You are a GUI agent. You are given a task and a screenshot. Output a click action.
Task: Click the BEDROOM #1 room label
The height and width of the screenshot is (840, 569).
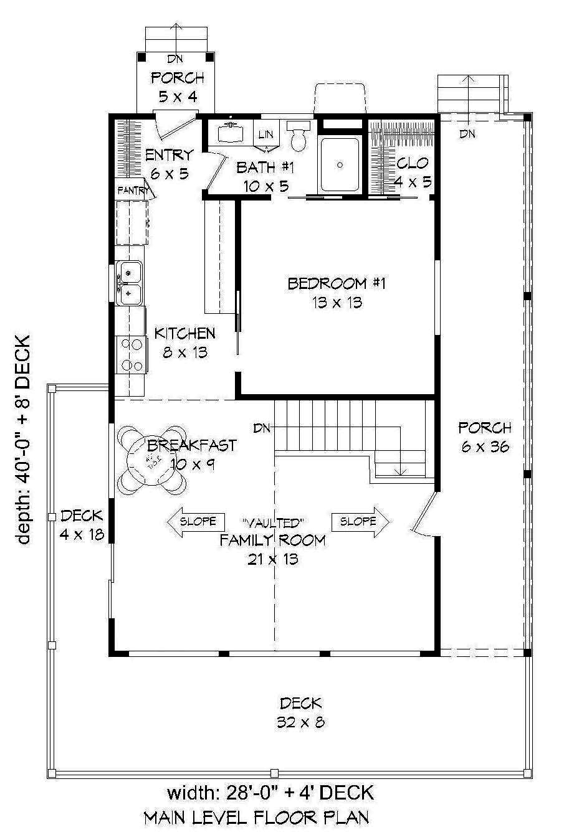[337, 293]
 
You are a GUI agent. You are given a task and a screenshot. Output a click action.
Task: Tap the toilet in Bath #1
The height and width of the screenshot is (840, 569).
[298, 136]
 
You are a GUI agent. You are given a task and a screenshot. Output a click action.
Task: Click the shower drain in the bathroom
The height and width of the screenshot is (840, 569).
[340, 165]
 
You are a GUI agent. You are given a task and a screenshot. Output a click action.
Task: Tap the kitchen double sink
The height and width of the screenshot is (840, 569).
[130, 281]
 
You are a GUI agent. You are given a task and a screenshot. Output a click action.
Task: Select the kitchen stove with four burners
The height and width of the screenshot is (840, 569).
[130, 354]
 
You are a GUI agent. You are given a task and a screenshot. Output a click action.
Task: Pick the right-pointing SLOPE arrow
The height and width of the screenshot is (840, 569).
[361, 521]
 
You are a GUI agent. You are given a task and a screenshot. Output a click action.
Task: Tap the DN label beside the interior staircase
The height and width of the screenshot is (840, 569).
[261, 428]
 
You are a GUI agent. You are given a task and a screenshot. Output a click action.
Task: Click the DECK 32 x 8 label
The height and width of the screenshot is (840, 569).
[300, 713]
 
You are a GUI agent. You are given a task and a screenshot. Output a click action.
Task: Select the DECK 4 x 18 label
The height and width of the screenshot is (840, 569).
[82, 525]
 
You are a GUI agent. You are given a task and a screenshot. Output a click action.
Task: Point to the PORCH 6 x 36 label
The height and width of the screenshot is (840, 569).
[484, 437]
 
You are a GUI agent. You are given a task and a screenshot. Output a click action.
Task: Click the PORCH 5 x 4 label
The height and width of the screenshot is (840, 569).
[177, 87]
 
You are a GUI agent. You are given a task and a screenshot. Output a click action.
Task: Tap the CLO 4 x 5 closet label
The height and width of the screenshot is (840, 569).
[412, 172]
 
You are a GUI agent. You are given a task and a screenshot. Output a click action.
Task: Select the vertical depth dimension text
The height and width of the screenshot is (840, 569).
[23, 440]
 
